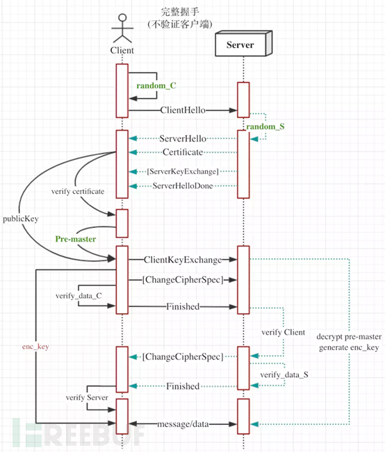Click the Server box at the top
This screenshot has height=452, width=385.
(244, 44)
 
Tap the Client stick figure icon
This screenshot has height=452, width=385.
(122, 28)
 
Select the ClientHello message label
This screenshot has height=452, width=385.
(183, 110)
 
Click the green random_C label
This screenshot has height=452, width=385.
(156, 85)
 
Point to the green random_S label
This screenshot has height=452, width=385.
(265, 126)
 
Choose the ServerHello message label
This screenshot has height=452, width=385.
(183, 139)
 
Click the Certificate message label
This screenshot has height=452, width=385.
(183, 152)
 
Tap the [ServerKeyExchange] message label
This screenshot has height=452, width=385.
(183, 171)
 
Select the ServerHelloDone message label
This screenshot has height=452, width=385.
(183, 186)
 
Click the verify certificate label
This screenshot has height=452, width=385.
(78, 192)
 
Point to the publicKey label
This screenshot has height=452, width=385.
(21, 219)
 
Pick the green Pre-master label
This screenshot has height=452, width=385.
(76, 239)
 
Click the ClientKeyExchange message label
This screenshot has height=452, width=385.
(183, 260)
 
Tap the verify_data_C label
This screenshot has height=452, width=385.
(79, 296)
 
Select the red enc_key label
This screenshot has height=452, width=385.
(35, 346)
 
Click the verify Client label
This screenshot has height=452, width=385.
(283, 333)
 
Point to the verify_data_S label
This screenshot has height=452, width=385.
(284, 375)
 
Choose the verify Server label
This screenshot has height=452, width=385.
(87, 398)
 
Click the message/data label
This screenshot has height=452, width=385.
(183, 424)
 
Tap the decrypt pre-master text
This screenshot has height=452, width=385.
(349, 337)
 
